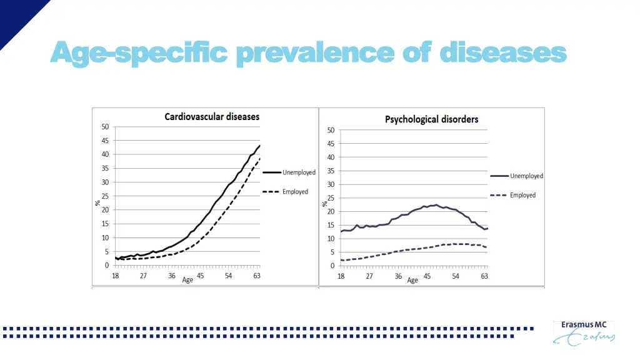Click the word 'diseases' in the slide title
[x=503, y=52]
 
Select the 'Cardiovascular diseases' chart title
[x=212, y=116]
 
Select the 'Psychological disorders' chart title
[x=432, y=119]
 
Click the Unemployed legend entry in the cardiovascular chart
[x=299, y=172]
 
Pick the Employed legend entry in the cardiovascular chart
[x=295, y=192]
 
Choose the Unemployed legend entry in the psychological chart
[x=526, y=176]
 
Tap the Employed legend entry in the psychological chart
[x=522, y=196]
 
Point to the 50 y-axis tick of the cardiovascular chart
[x=105, y=127]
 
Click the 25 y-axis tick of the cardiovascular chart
[x=105, y=196]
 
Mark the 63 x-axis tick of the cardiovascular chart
[x=257, y=276]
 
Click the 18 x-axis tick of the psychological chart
[x=341, y=276]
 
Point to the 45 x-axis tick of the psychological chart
[x=427, y=276]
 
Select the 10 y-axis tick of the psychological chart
[x=330, y=239]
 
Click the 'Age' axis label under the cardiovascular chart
[x=187, y=280]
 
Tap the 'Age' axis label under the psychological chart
[x=412, y=281]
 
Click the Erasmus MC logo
[x=584, y=332]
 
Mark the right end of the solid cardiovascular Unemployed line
[x=259, y=146]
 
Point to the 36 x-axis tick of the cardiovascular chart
[x=172, y=276]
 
